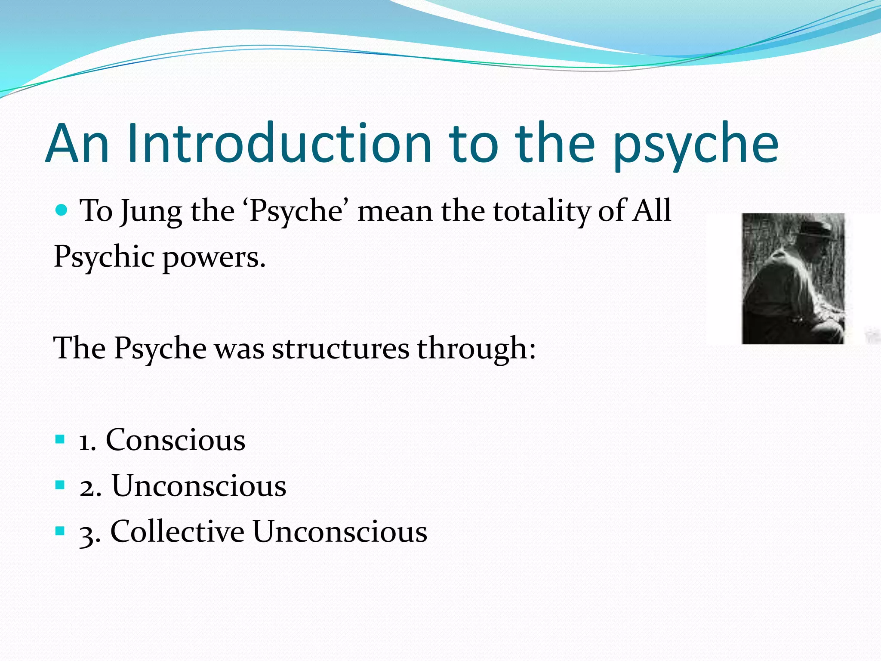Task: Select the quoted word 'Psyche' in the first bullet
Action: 301,212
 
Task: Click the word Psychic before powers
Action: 104,257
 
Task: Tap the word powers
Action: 214,258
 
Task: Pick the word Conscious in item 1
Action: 176,440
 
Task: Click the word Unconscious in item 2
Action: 199,486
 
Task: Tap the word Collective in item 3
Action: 178,531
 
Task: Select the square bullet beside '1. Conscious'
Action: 60,440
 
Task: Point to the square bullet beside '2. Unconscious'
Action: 60,485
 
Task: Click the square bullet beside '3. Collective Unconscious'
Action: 60,531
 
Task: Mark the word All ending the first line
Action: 651,210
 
